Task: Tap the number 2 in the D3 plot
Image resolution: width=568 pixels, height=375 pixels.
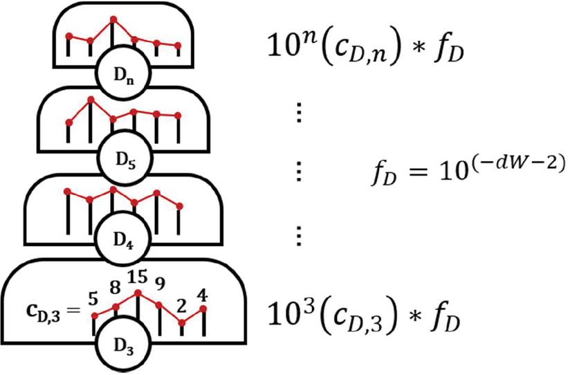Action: pyautogui.click(x=183, y=305)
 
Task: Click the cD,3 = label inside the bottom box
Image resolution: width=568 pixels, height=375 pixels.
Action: pyautogui.click(x=49, y=314)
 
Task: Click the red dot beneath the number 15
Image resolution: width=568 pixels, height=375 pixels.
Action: pyautogui.click(x=138, y=293)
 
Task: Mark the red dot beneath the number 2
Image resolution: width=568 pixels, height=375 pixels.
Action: pyautogui.click(x=181, y=322)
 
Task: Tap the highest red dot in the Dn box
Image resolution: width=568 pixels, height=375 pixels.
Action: pyautogui.click(x=113, y=19)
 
